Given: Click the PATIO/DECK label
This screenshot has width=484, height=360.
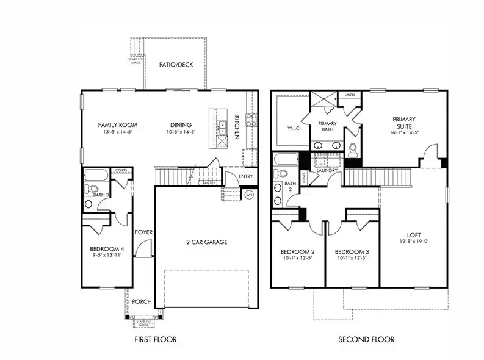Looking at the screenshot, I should point(176,65).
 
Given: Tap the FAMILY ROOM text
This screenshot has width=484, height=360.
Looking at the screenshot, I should point(115,124).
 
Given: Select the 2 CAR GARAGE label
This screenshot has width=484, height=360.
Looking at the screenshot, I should point(206,242).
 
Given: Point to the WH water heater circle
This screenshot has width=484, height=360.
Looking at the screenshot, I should point(249,195).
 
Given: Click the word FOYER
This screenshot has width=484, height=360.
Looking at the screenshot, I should point(144,232).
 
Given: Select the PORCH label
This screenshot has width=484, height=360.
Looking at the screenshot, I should point(142,301).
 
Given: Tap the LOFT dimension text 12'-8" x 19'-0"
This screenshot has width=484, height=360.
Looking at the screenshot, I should point(414,242).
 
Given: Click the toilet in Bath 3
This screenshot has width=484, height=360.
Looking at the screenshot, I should point(90,189).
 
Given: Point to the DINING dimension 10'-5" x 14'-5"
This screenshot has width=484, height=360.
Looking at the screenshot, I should point(181,132).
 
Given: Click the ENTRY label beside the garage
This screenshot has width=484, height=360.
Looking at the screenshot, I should point(247,176).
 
